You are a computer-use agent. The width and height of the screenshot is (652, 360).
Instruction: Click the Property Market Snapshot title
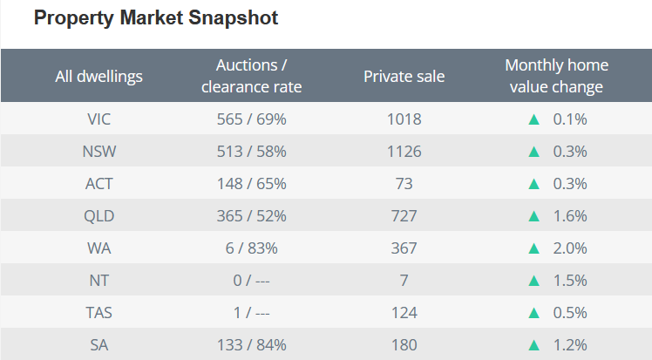click(x=156, y=18)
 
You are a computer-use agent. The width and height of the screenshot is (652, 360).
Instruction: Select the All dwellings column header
click(x=98, y=76)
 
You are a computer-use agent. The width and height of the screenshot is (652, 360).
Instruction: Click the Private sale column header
click(x=404, y=76)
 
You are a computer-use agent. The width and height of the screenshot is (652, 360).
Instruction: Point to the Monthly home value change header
click(x=556, y=76)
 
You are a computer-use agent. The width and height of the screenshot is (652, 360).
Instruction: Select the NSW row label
click(x=98, y=152)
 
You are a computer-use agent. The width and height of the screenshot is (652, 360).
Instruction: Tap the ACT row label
click(x=98, y=184)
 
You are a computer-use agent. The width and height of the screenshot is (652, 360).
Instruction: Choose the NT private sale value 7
click(x=404, y=281)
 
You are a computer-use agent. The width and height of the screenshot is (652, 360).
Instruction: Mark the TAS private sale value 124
click(x=404, y=313)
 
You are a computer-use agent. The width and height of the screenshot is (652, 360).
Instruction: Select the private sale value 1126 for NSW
click(x=404, y=152)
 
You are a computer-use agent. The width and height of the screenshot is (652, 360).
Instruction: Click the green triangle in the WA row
click(x=534, y=248)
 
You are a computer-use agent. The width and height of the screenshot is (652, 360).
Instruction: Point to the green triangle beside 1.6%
click(x=534, y=216)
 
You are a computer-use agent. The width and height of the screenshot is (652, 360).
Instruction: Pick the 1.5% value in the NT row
click(x=570, y=281)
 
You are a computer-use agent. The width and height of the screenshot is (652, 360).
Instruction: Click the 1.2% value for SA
click(x=570, y=345)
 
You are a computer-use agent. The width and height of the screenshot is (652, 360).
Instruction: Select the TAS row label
click(x=98, y=313)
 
